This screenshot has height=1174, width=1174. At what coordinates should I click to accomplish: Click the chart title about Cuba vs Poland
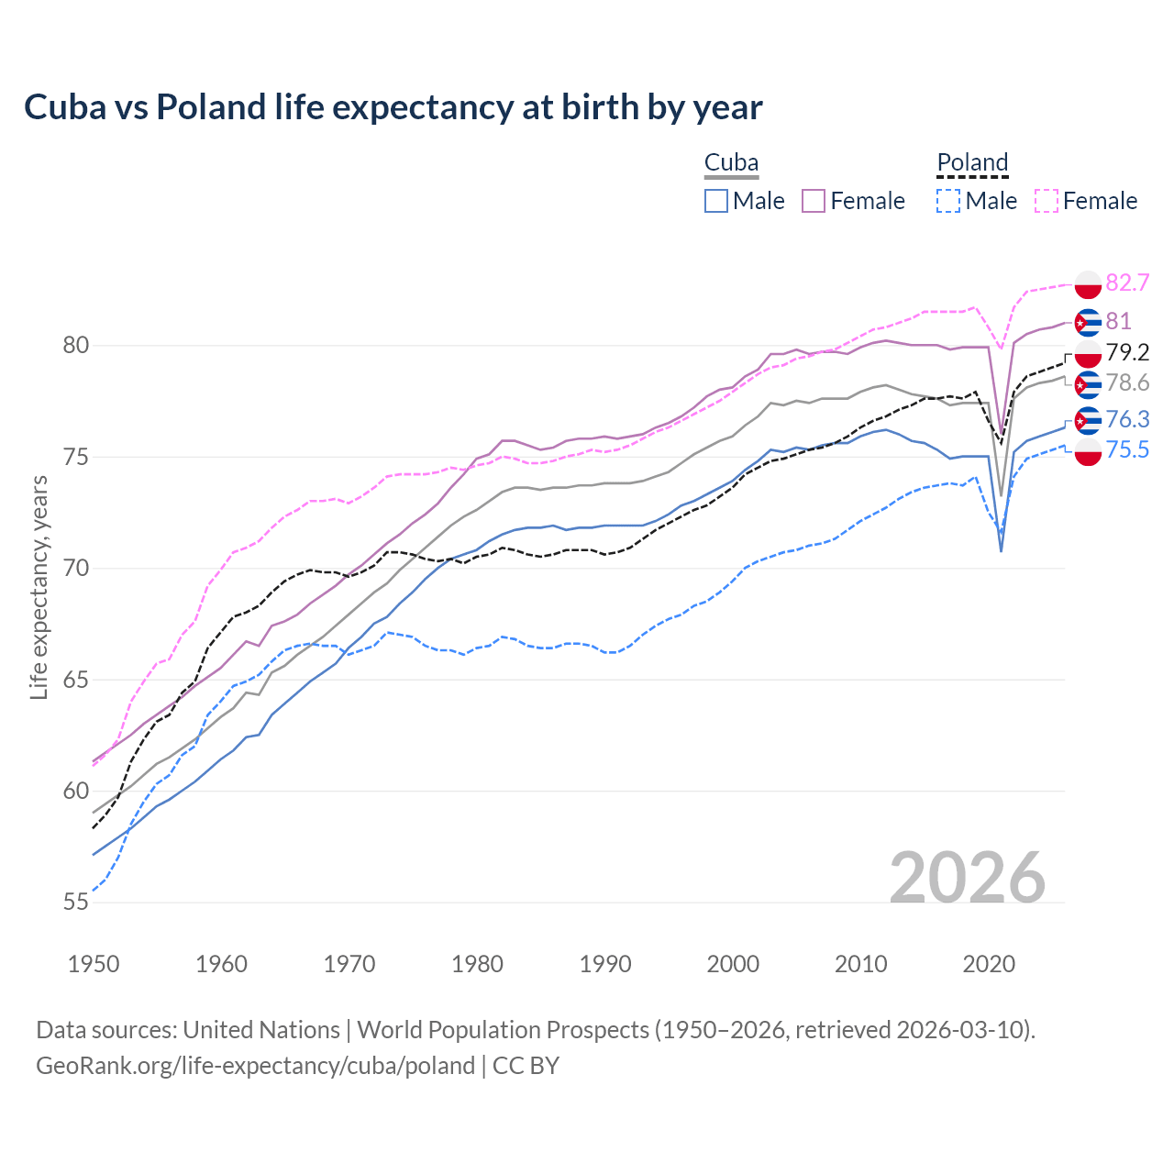pos(393,107)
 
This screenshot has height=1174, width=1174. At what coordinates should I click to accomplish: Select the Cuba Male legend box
pos(716,201)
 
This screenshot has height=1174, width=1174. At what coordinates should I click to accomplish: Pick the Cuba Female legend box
pos(814,201)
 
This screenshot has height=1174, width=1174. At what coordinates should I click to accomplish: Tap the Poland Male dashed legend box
pos(948,201)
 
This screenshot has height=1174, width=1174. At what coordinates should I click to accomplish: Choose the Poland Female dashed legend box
pos(1047,201)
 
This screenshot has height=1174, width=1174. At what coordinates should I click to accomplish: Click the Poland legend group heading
pos(972,163)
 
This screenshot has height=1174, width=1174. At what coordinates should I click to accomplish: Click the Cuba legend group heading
pos(731,163)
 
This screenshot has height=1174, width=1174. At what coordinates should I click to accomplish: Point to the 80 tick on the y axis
pos(75,346)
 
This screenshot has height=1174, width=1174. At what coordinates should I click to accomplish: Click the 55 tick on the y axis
pos(75,903)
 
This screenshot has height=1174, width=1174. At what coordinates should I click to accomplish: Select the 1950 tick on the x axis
pos(94,964)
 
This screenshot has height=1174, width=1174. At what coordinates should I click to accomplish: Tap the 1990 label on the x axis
pos(605,964)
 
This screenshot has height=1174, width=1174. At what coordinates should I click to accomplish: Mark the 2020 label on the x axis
pos(989,964)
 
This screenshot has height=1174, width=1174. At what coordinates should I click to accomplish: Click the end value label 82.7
pos(1127,282)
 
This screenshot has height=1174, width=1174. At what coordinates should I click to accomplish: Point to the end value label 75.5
pos(1127,449)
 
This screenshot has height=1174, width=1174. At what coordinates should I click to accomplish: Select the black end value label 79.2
pos(1127,353)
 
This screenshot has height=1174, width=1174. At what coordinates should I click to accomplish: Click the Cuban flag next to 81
pos(1088,322)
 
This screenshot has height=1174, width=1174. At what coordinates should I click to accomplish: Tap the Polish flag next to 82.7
pos(1088,284)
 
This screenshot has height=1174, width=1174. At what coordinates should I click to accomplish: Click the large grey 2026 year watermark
pos(967,878)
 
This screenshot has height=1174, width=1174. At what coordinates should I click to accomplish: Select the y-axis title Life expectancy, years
pos(39,587)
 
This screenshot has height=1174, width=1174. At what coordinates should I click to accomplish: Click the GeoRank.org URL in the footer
pos(255,1066)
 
